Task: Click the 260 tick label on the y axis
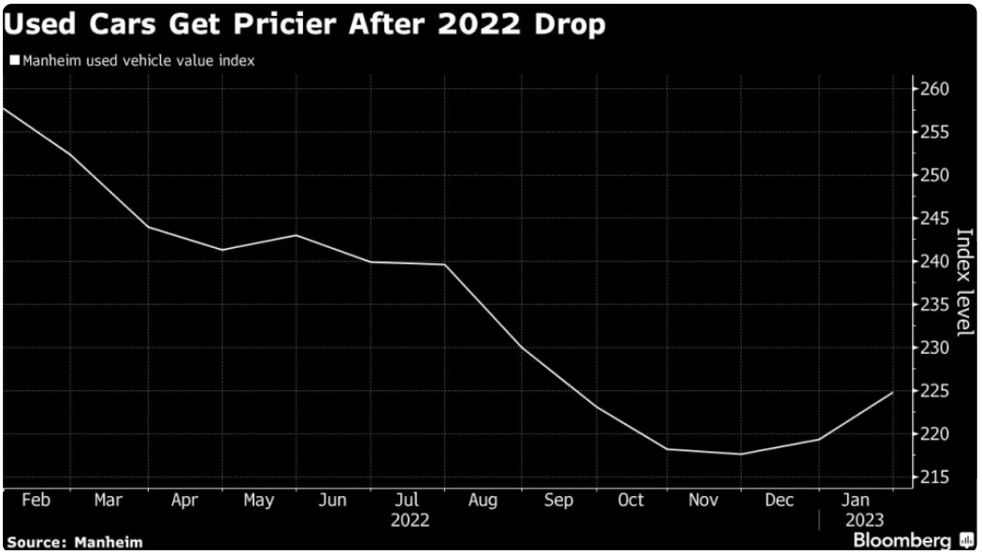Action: click(x=936, y=90)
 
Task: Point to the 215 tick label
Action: click(x=936, y=477)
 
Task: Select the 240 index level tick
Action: click(x=936, y=262)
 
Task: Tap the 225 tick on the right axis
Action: click(x=936, y=391)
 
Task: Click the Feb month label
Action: click(x=36, y=501)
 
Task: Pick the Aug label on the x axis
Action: click(x=483, y=501)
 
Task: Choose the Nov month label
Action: click(x=704, y=501)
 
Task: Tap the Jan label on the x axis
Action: click(x=857, y=501)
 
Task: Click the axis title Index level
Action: click(x=963, y=281)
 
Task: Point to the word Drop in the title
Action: click(x=570, y=24)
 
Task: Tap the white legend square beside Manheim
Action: click(x=14, y=61)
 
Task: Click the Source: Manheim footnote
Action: click(x=74, y=542)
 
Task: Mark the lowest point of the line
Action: click(x=741, y=454)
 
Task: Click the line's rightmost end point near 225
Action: click(x=893, y=392)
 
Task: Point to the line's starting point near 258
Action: click(x=4, y=109)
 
